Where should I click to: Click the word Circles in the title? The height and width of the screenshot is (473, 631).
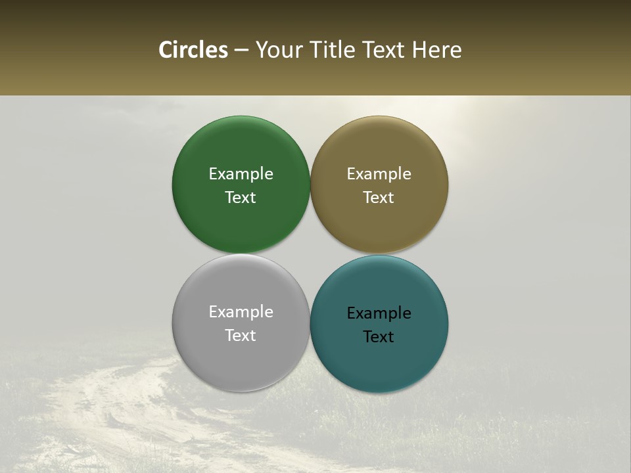coord(193,50)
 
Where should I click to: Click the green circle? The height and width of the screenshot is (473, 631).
coord(241,151)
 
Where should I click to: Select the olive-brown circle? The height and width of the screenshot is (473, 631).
coord(379,151)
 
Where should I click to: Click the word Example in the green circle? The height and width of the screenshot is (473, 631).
coord(241,173)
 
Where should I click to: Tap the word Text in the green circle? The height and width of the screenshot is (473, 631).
coord(241,197)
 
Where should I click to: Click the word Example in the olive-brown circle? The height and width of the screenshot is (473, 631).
coord(379,173)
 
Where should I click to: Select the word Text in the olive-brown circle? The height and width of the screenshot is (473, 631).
coord(379,197)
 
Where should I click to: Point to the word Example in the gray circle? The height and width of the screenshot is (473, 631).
coord(241,311)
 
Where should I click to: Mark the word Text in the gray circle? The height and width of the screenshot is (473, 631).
coord(241,335)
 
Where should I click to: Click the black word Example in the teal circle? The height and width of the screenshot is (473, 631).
coord(379,313)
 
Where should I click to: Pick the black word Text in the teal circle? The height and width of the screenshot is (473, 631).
coord(379,336)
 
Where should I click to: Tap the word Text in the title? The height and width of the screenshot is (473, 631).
coord(384,50)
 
